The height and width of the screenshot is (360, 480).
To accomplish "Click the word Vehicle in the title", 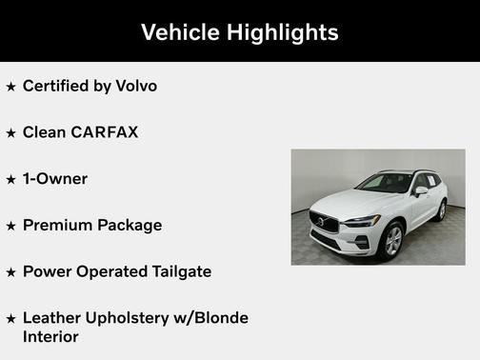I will (x=178, y=31).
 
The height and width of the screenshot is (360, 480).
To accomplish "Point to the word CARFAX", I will (x=105, y=132).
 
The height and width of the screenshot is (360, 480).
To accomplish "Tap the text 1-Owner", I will (x=55, y=179).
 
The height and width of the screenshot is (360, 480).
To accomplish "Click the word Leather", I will (x=51, y=318).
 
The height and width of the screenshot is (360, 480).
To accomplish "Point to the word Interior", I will (x=52, y=336).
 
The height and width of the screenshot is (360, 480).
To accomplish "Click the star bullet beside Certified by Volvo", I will (x=11, y=87).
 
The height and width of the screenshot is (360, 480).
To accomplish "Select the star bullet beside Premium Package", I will (x=11, y=226).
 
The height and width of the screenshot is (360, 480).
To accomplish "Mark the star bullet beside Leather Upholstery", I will (x=11, y=318).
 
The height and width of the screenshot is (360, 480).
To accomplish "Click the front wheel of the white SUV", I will (x=391, y=239).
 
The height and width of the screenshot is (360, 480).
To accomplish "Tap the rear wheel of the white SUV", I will (x=441, y=210).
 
